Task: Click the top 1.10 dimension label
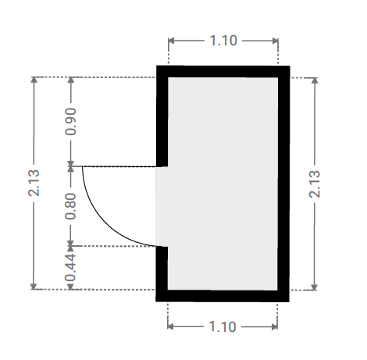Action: pyautogui.click(x=223, y=41)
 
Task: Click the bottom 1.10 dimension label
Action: pyautogui.click(x=223, y=326)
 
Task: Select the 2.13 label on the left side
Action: pyautogui.click(x=34, y=183)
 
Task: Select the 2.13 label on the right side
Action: pyautogui.click(x=315, y=184)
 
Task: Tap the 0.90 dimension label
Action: pyautogui.click(x=70, y=122)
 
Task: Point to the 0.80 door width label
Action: pyautogui.click(x=70, y=206)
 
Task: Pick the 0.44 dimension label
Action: pyautogui.click(x=70, y=268)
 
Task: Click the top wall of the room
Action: pyautogui.click(x=223, y=72)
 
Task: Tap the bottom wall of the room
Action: pyautogui.click(x=223, y=296)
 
